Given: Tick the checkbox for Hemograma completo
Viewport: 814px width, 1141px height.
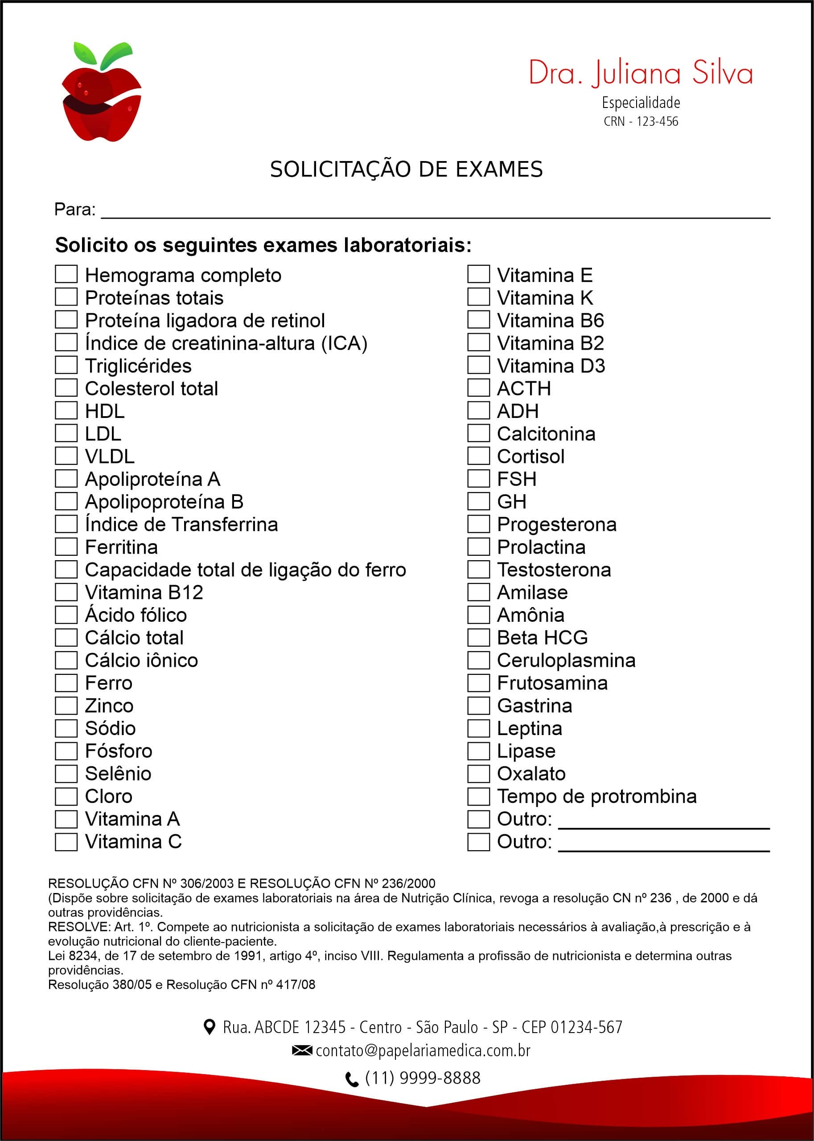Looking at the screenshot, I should tap(66, 274).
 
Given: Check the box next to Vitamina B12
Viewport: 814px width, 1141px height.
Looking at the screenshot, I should tap(66, 592).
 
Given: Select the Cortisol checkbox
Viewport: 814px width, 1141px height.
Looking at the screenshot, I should tap(478, 456).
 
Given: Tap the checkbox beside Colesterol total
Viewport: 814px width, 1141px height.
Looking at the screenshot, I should tap(66, 388).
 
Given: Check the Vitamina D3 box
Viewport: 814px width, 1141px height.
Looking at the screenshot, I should tap(478, 365).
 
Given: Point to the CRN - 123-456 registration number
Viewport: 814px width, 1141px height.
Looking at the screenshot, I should tap(641, 121).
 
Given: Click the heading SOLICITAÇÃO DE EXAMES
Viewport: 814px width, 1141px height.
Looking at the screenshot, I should tap(406, 169).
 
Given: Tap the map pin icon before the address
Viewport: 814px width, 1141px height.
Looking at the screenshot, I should tap(210, 1027).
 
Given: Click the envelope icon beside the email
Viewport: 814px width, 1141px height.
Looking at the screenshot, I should tap(302, 1050).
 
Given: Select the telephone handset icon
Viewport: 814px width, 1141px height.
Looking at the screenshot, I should tap(352, 1079).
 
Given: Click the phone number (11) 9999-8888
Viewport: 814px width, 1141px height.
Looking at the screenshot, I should tap(423, 1078).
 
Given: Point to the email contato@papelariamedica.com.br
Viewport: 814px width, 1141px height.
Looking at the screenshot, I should tap(423, 1050).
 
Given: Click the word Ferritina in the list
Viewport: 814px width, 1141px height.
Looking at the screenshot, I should tap(121, 547).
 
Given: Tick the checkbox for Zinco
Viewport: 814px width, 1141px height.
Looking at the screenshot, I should tap(66, 705).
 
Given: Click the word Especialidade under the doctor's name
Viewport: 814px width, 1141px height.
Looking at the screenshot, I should tap(641, 103).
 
